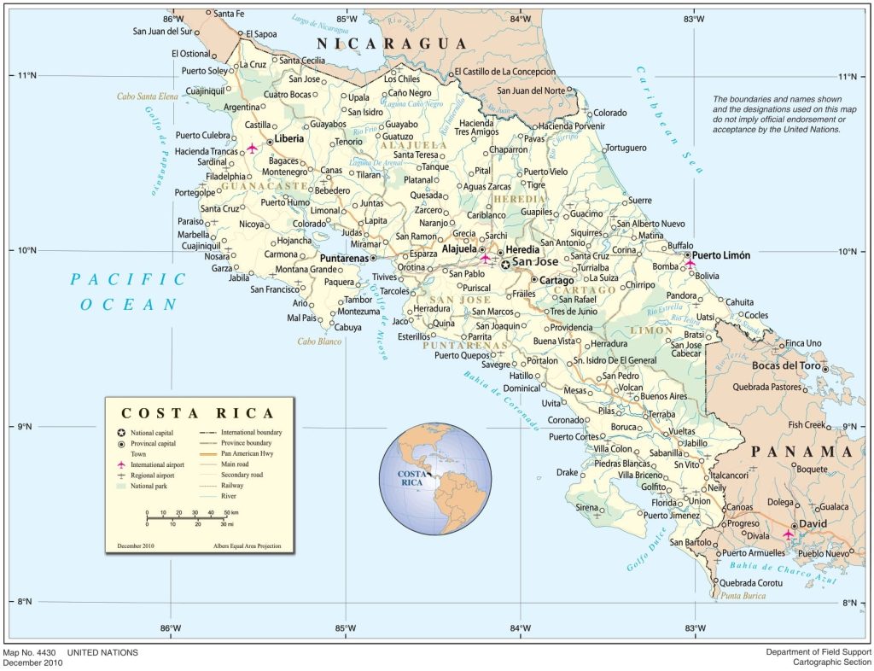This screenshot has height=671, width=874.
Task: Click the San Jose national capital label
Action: point(535,263)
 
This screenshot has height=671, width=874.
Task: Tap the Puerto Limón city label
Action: point(721,255)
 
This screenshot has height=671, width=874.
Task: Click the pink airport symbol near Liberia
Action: point(252,148)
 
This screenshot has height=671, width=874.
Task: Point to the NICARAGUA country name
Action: point(393,44)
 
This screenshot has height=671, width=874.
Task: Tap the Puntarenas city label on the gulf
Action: point(344,257)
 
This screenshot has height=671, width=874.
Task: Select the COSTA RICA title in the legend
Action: point(198,412)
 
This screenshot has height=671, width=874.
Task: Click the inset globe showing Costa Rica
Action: point(435,478)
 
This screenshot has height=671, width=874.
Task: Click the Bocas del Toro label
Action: point(786,365)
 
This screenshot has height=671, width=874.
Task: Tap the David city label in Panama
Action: point(812,525)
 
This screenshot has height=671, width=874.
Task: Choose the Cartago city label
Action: point(557,279)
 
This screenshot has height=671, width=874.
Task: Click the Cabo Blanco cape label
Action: point(319,341)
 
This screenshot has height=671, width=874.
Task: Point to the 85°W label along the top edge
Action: point(347,19)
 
